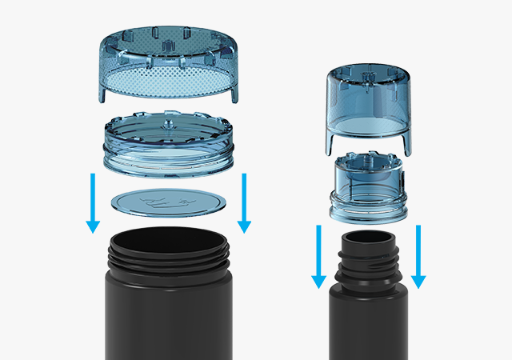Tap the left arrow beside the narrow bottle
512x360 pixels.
(319, 256)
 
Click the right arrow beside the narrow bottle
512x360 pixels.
(418, 256)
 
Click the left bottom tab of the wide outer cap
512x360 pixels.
(104, 92)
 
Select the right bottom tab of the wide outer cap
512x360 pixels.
(235, 92)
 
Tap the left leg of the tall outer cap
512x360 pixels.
(330, 142)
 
